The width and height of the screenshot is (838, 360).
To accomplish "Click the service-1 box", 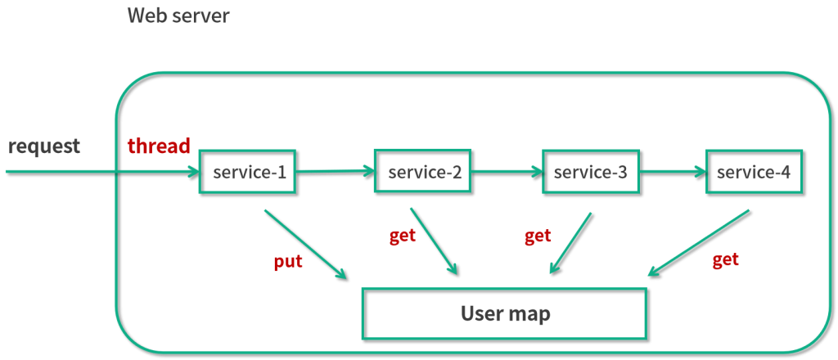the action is pyautogui.click(x=247, y=172).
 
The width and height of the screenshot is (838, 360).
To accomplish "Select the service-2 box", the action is pyautogui.click(x=423, y=171).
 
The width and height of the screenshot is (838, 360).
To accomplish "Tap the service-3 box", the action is pyautogui.click(x=591, y=172).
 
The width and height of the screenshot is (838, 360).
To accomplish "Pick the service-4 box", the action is pyautogui.click(x=754, y=172).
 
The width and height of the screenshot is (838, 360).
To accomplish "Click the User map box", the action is pyautogui.click(x=504, y=313).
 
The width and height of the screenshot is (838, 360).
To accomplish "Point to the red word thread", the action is pyautogui.click(x=159, y=146).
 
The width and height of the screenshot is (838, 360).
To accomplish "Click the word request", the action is pyautogui.click(x=44, y=146).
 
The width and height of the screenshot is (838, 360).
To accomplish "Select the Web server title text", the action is pyautogui.click(x=178, y=16).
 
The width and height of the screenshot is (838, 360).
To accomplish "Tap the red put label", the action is pyautogui.click(x=288, y=262).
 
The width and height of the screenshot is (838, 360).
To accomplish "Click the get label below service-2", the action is pyautogui.click(x=403, y=236).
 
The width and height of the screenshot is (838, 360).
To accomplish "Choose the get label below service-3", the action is pyautogui.click(x=538, y=236).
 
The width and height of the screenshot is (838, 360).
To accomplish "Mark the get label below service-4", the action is pyautogui.click(x=726, y=259).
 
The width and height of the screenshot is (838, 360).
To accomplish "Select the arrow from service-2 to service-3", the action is pyautogui.click(x=507, y=172).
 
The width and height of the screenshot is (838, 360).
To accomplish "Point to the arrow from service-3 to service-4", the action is pyautogui.click(x=673, y=172).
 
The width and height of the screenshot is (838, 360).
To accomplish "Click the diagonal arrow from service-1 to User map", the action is pyautogui.click(x=306, y=245).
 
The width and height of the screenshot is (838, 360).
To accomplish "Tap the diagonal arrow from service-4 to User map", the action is pyautogui.click(x=699, y=243).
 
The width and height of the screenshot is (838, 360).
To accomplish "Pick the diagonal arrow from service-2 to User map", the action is pyautogui.click(x=435, y=241).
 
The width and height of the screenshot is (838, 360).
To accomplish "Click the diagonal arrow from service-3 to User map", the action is pyautogui.click(x=570, y=244).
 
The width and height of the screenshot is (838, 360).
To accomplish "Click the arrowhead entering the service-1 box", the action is pyautogui.click(x=192, y=172).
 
